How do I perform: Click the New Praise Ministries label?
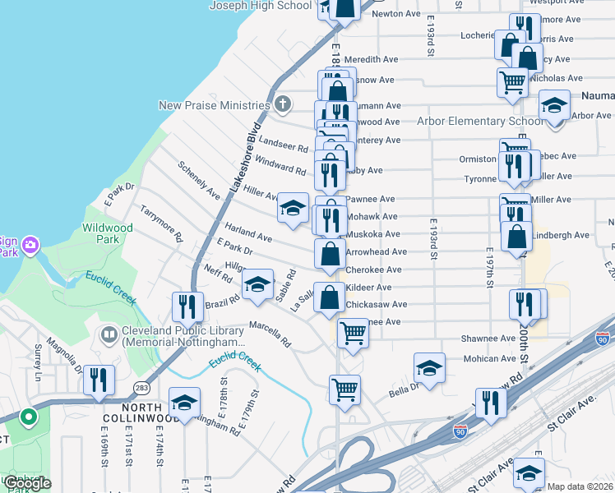click(215, 105)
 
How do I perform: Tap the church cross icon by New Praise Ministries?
click(282, 104)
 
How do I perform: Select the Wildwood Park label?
click(107, 233)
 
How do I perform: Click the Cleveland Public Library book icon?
click(108, 334)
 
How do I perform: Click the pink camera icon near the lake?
click(30, 244)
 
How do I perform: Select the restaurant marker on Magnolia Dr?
click(98, 380)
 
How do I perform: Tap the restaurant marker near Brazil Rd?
click(187, 307)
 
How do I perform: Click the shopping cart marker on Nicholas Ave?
click(512, 82)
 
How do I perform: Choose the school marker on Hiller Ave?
click(293, 209)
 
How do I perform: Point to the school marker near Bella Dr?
click(429, 369)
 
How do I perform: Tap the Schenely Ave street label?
click(199, 180)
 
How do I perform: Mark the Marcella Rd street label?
click(271, 331)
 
